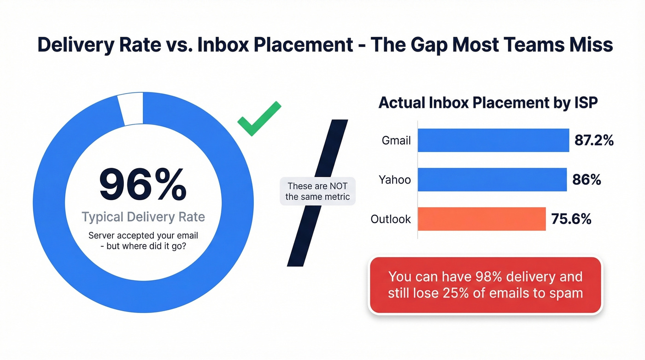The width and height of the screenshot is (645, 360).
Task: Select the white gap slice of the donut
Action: pyautogui.click(x=131, y=109)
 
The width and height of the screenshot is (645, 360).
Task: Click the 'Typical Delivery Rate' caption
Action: pyautogui.click(x=143, y=217)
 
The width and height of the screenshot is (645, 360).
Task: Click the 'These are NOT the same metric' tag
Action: pyautogui.click(x=317, y=191)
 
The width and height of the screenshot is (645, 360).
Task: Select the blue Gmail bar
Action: pyautogui.click(x=493, y=140)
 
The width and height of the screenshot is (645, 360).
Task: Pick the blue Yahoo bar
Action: pyautogui.click(x=492, y=179)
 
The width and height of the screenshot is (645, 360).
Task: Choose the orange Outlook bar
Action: pyautogui.click(x=481, y=218)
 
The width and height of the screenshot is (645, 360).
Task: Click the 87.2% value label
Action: pyautogui.click(x=594, y=140)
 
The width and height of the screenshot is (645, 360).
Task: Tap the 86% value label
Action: pyautogui.click(x=586, y=179)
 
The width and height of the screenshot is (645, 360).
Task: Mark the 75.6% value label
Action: pyautogui.click(x=571, y=219)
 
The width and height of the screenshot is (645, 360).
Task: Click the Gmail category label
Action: pyautogui.click(x=396, y=140)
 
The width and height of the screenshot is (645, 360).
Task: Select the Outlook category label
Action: pyautogui.click(x=391, y=219)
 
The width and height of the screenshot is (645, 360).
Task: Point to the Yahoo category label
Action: pyautogui.click(x=395, y=179)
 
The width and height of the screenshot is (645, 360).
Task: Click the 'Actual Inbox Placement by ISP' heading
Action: pyautogui.click(x=488, y=102)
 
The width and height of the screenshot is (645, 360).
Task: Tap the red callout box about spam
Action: pyautogui.click(x=485, y=285)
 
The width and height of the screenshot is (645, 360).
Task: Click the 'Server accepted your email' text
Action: pyautogui.click(x=143, y=236)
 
